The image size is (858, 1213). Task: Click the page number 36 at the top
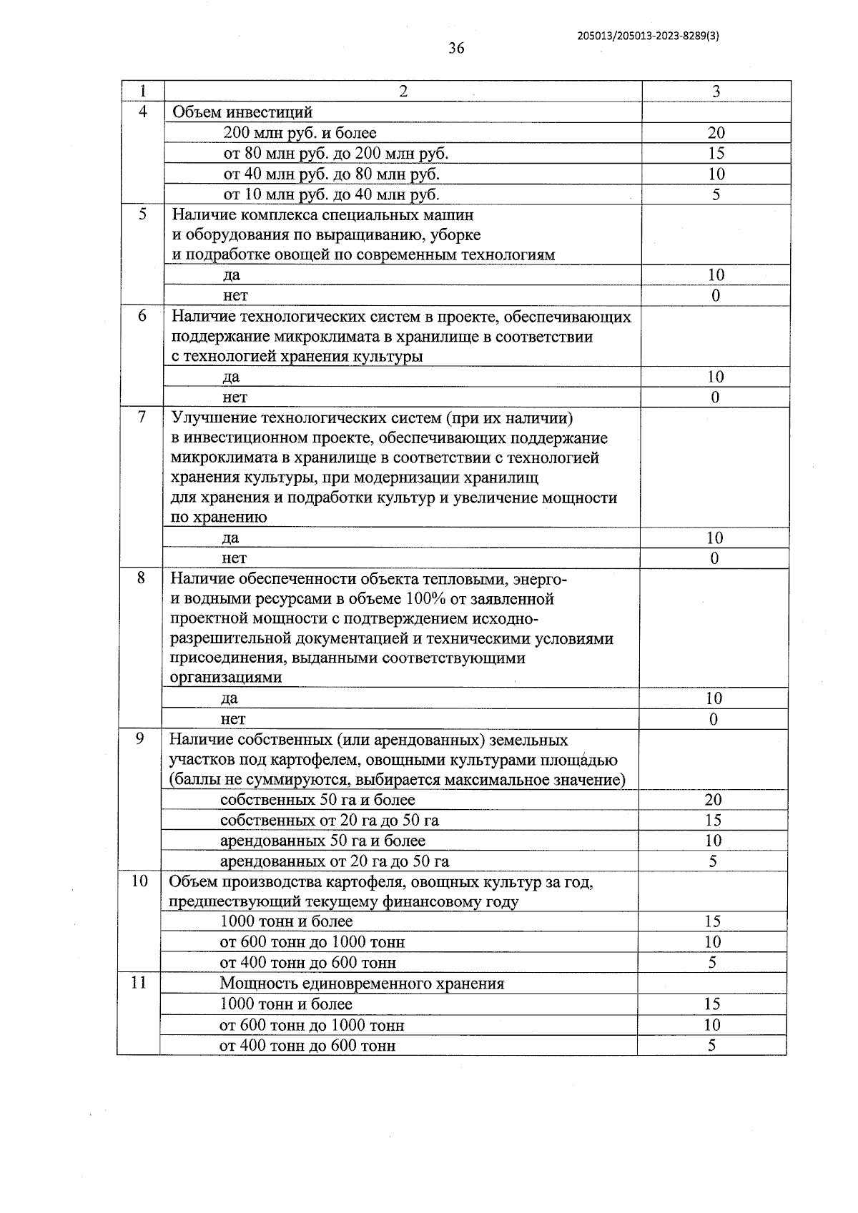click(x=456, y=48)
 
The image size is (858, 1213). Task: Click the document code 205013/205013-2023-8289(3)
click(x=648, y=37)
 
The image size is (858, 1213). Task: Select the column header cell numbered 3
click(x=716, y=91)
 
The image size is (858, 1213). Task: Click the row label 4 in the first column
click(x=143, y=112)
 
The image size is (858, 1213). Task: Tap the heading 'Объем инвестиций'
click(x=242, y=112)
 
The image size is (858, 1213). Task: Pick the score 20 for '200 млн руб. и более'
click(x=716, y=133)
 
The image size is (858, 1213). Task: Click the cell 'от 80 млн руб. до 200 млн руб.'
click(x=336, y=153)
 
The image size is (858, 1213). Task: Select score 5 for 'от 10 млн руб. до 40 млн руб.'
click(x=716, y=194)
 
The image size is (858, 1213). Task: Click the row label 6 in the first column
click(x=142, y=315)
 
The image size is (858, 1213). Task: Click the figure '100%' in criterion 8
click(x=427, y=598)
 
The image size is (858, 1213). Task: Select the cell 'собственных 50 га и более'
click(x=317, y=800)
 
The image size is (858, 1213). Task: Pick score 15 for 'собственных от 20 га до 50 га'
click(x=713, y=821)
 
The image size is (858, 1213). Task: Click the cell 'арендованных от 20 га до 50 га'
click(x=334, y=861)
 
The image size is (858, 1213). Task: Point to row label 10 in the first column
click(x=139, y=881)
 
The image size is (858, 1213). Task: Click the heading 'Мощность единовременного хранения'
click(x=362, y=984)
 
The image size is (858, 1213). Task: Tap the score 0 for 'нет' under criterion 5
click(x=716, y=296)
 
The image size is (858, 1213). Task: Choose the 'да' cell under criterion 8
click(x=229, y=698)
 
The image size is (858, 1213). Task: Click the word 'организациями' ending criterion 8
click(x=225, y=677)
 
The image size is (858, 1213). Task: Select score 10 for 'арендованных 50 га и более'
click(x=713, y=841)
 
